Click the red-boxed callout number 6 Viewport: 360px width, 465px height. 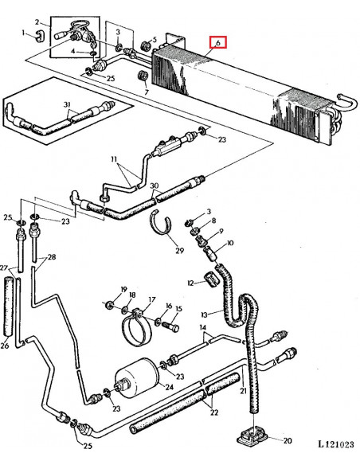(x=218, y=43)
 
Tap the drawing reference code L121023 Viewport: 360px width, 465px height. (x=336, y=444)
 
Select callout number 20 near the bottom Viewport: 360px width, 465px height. (x=288, y=440)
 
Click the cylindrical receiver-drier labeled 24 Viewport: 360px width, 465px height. (x=137, y=378)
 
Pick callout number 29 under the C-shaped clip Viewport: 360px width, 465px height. (x=180, y=250)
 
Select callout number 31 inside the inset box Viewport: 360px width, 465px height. (x=68, y=104)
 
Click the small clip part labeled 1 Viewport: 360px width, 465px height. (x=40, y=35)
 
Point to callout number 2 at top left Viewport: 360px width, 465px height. (x=37, y=22)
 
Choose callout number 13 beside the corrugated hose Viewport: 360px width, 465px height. (x=204, y=315)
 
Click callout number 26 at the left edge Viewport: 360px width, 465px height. (x=5, y=346)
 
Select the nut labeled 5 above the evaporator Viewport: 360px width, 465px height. (x=145, y=45)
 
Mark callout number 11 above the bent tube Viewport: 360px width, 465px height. (x=114, y=159)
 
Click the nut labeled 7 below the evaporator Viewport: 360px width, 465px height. (x=143, y=75)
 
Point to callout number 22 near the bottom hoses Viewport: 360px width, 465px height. (x=214, y=412)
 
